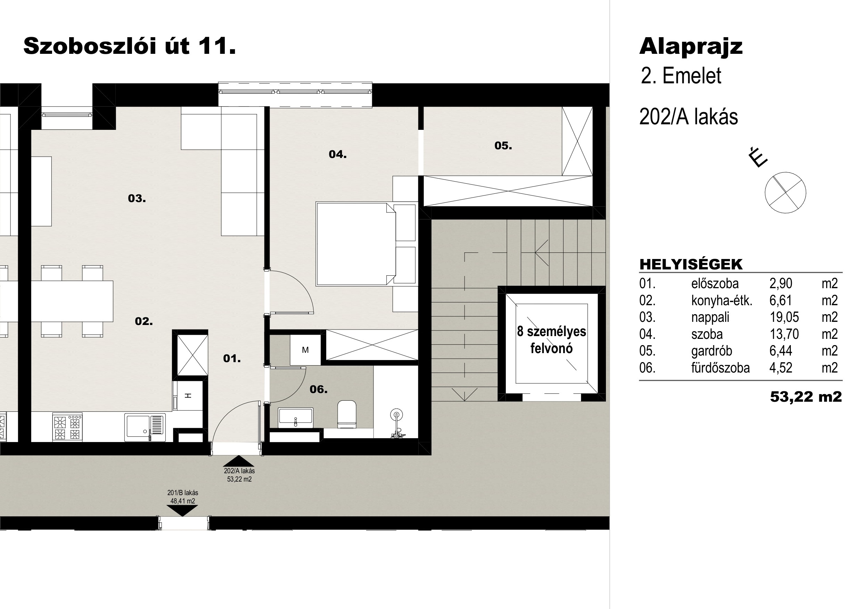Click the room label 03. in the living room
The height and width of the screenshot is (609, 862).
pos(137,199)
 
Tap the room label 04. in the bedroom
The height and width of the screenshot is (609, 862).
pos(337,154)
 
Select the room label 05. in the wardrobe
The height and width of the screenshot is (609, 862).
pos(503,146)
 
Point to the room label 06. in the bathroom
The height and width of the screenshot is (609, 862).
pos(318,390)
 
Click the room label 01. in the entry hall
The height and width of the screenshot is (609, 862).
pos(232,359)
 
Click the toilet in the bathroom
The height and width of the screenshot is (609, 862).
pos(347,414)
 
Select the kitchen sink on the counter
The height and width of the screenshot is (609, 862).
pos(145,427)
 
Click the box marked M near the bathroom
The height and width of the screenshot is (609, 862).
pos(305,350)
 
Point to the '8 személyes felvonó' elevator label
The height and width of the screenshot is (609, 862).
pos(551,340)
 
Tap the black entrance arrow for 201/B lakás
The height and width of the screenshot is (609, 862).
pos(182,511)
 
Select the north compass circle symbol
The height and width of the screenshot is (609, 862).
pos(786,192)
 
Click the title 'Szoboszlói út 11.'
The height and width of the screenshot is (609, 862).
pos(130,47)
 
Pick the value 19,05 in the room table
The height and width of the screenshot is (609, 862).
pos(784,317)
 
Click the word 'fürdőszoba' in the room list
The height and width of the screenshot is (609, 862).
pos(721,368)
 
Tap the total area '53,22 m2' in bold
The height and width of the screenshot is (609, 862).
pos(806,397)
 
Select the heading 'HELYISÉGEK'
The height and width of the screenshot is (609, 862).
pos(691,265)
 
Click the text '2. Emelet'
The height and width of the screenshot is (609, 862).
pos(681,76)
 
